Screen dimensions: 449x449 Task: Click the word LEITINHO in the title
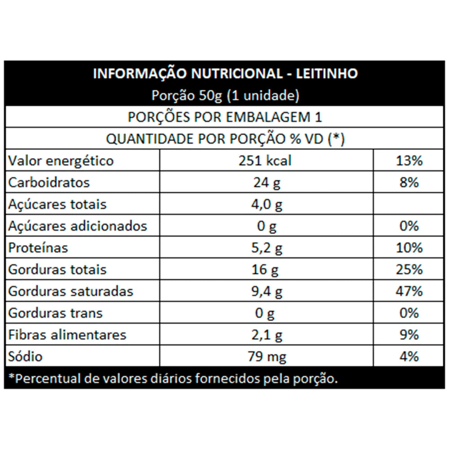[x=328, y=74]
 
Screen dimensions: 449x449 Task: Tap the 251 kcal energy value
[x=266, y=161]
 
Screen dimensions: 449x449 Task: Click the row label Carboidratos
[x=49, y=183]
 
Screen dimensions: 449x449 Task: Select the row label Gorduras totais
[x=57, y=269]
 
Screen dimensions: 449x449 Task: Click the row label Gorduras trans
[x=56, y=313]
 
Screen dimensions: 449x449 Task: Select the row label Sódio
[x=26, y=357]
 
